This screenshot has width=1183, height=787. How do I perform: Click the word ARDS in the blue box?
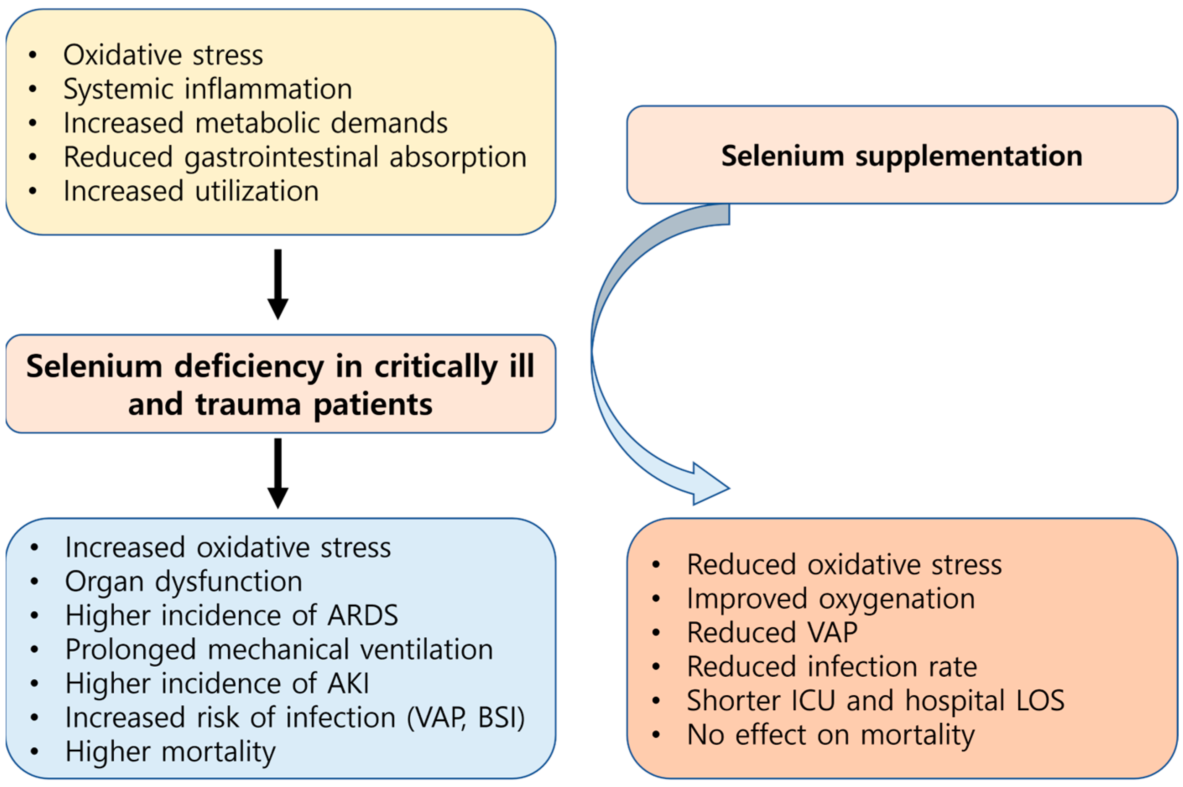click(362, 616)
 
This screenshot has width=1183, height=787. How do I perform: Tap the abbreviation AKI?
click(347, 683)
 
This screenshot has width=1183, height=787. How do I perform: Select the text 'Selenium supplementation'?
click(902, 156)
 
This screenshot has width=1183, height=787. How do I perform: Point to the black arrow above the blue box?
click(278, 473)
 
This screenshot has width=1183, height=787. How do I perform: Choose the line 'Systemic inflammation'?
click(207, 89)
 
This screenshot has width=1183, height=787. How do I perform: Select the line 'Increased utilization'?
click(191, 191)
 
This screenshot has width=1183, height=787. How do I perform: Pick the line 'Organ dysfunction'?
click(183, 581)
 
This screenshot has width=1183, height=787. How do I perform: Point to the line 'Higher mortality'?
click(170, 752)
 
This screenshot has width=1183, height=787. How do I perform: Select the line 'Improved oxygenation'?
click(831, 599)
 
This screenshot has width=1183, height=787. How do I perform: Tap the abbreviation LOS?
click(1040, 701)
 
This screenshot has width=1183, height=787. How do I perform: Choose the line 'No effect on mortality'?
click(831, 735)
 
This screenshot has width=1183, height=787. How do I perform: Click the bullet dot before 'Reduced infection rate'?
click(656, 667)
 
